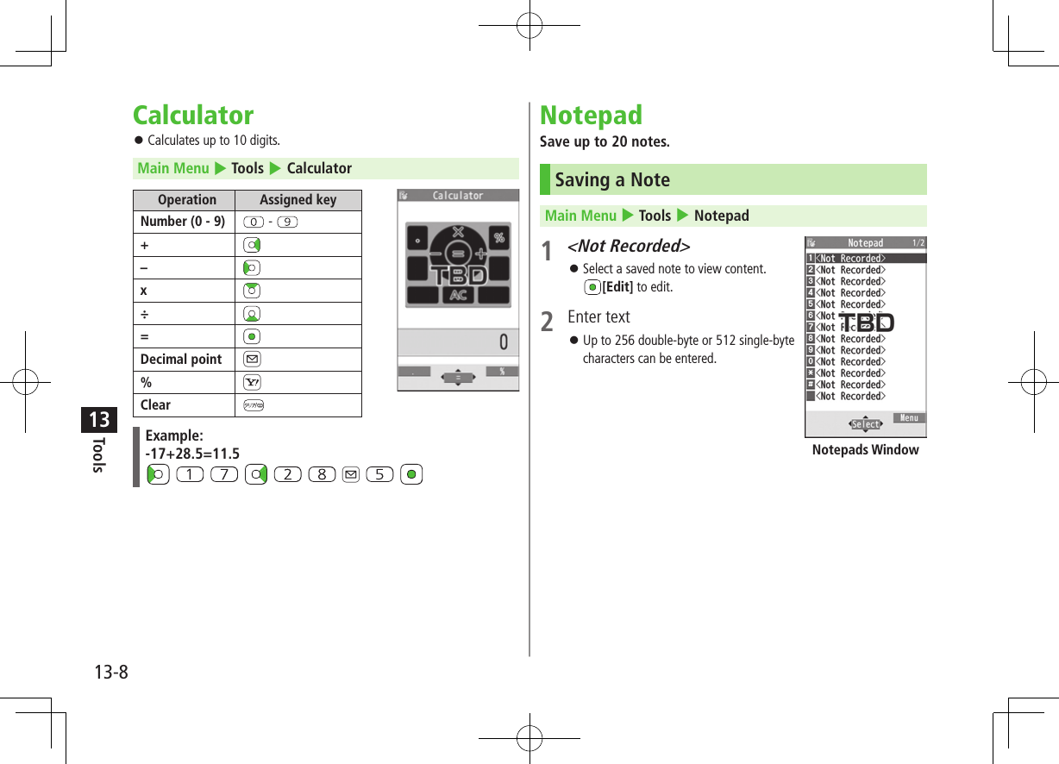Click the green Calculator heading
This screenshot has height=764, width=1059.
(x=193, y=116)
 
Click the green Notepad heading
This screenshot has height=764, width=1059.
(x=591, y=116)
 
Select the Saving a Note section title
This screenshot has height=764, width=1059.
(x=612, y=180)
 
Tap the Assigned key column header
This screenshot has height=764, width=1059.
(x=298, y=200)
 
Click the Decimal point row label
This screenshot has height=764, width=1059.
(x=181, y=360)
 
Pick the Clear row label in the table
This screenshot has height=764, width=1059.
(x=156, y=405)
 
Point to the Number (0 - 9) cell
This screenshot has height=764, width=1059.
(x=183, y=222)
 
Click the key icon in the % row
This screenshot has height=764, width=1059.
(x=253, y=383)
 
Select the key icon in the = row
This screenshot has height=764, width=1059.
(x=253, y=337)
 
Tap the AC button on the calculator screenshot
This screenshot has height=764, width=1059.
(x=458, y=295)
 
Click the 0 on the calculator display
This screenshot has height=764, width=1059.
(x=504, y=343)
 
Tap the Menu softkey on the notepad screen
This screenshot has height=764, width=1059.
(x=909, y=418)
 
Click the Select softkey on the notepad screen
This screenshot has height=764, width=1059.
(x=865, y=424)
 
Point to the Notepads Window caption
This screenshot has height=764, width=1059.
(x=865, y=450)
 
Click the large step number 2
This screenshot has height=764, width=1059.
(x=547, y=323)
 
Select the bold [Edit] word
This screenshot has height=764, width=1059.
(x=617, y=287)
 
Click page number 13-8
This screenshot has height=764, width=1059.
(x=110, y=672)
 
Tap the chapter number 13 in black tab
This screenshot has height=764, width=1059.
(x=99, y=420)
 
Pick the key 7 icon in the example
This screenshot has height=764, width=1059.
(x=222, y=474)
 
